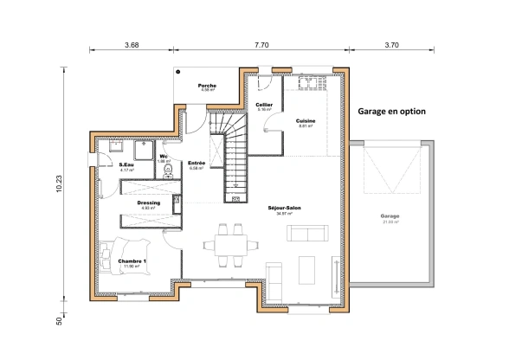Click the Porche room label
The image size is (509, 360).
206,86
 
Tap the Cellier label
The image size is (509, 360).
264,105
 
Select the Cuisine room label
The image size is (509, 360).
305,120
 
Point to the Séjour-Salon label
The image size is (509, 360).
284,208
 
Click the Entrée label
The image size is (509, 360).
197,163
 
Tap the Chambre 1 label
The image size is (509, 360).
132,260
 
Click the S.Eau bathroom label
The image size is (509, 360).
126,164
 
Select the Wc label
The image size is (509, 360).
163,156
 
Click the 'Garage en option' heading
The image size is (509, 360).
391,111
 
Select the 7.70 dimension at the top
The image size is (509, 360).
262,43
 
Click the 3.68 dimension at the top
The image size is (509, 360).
132,43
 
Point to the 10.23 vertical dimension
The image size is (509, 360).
60,183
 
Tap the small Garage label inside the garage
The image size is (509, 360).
390,216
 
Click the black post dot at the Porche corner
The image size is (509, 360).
177,72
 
